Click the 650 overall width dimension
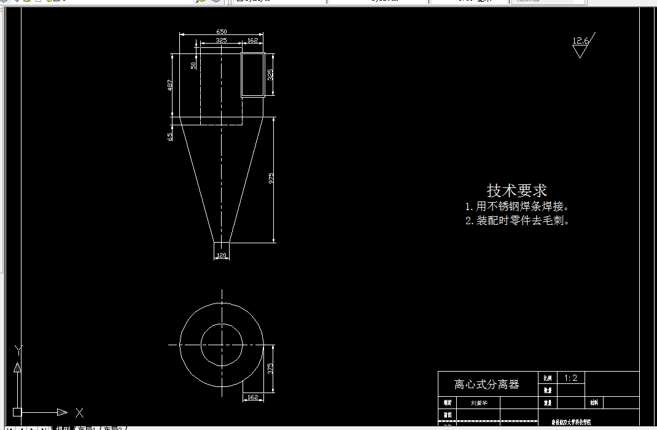(x=221, y=31)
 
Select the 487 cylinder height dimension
(x=170, y=85)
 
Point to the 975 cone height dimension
(x=271, y=179)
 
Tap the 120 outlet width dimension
(x=221, y=256)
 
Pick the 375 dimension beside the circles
(x=270, y=368)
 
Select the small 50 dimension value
(x=193, y=65)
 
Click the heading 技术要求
(x=517, y=190)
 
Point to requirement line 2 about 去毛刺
(x=517, y=221)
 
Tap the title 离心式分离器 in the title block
(x=486, y=385)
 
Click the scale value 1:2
(x=570, y=378)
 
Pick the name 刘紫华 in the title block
(x=480, y=403)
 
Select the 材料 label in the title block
(x=594, y=403)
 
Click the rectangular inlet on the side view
(x=252, y=74)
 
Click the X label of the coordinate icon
(x=79, y=412)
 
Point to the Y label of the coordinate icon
(x=18, y=351)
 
